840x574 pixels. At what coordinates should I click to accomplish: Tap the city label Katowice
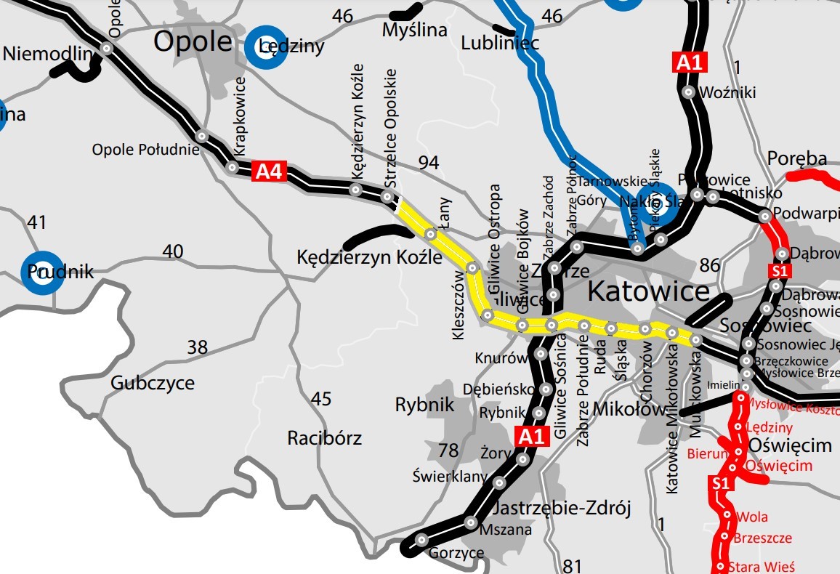coord(647,291)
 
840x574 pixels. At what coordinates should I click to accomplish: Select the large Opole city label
coord(192,42)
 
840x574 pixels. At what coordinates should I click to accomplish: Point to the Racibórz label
coord(324,438)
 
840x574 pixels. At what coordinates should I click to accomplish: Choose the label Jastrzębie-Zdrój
coord(563,507)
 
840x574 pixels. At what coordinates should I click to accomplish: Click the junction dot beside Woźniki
coord(687,92)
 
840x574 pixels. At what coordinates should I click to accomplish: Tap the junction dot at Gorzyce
coord(421,540)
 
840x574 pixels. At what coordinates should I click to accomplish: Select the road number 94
coord(429,162)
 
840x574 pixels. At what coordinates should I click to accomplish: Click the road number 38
coord(197,347)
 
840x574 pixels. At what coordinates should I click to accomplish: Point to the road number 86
coord(709,264)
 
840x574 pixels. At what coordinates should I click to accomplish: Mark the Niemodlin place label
coord(49,54)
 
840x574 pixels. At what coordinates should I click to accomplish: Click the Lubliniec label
coord(500,44)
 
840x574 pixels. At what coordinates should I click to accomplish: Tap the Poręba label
coord(797,158)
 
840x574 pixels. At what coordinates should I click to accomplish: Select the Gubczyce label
coord(152,383)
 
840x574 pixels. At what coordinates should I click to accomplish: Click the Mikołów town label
coord(629,409)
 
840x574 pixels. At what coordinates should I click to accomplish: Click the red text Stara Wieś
coord(764,566)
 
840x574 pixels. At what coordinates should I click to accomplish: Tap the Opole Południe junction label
coord(145,150)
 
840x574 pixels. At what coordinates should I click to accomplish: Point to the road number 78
coord(448,450)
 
